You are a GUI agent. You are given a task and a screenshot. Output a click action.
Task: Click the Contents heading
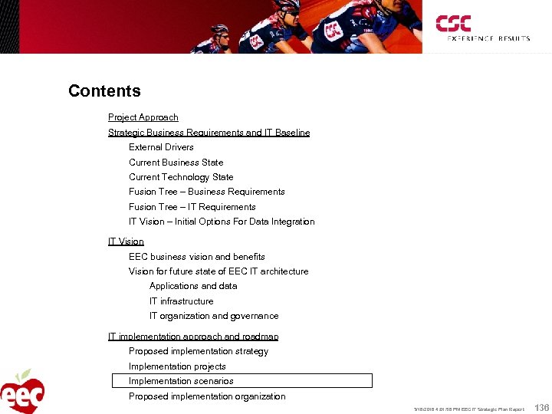[104, 91]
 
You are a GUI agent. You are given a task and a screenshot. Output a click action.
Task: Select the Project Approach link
[143, 117]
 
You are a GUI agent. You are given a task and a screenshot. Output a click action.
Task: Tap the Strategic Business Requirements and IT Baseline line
[209, 133]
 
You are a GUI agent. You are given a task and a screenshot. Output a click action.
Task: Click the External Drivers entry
[161, 147]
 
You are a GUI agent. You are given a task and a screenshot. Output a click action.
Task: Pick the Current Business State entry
[176, 163]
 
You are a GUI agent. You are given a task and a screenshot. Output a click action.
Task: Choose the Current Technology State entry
[181, 177]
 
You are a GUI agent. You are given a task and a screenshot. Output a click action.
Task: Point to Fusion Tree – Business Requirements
[207, 192]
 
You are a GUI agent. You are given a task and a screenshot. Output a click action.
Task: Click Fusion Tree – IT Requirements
[192, 207]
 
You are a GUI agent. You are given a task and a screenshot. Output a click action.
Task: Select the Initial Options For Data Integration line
[222, 222]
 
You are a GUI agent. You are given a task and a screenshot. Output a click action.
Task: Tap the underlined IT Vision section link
[126, 242]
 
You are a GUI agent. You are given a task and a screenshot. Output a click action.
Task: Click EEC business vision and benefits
[197, 257]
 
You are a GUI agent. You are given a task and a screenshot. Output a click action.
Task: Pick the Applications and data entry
[193, 286]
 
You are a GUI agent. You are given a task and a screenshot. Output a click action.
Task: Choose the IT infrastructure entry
[182, 301]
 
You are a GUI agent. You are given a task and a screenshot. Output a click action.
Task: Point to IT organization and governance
[214, 316]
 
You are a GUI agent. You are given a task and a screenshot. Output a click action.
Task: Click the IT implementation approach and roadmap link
[193, 337]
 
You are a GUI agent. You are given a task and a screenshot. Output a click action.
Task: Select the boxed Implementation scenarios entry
[181, 381]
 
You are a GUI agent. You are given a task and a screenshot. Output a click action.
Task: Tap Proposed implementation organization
[207, 396]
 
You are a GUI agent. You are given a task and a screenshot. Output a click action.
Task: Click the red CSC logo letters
[453, 23]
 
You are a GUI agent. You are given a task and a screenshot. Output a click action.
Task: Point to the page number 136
[540, 408]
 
